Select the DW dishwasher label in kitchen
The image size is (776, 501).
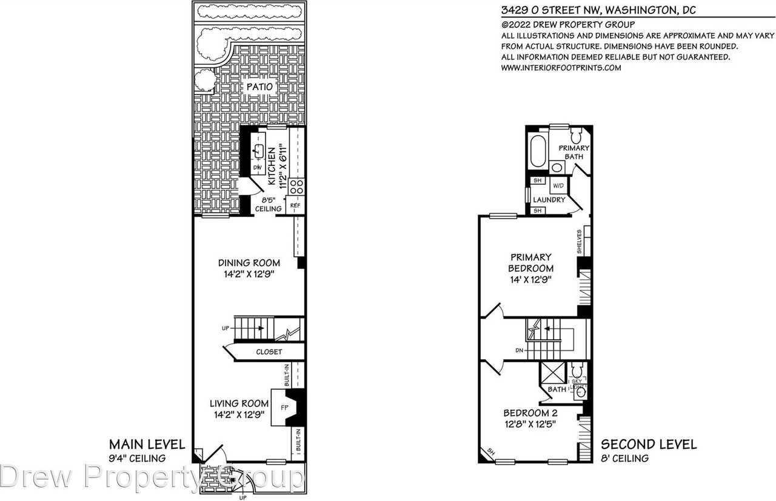(x=257, y=168)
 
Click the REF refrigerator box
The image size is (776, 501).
(x=295, y=206)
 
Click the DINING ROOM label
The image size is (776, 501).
(x=249, y=263)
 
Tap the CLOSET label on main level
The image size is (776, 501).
(x=269, y=351)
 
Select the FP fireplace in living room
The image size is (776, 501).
(x=283, y=407)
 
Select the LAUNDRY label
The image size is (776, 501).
(x=549, y=199)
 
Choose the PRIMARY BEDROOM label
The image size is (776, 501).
(x=530, y=263)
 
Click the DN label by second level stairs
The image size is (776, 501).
(x=520, y=350)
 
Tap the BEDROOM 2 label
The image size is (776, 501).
(x=530, y=413)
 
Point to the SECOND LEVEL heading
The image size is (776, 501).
(x=647, y=445)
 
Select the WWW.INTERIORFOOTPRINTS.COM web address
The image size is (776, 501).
(x=561, y=68)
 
